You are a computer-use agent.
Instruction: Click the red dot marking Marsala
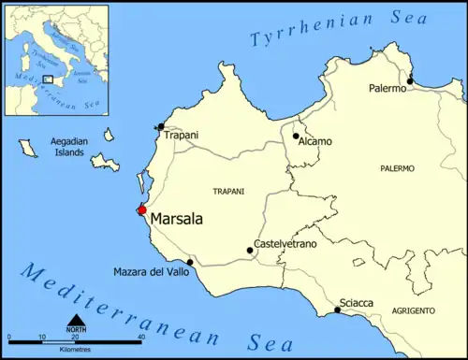142,209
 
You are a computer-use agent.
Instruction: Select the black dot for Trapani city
161,126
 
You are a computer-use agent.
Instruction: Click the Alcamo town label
314,141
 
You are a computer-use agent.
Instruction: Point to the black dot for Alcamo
296,136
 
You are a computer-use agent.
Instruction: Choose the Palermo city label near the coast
388,88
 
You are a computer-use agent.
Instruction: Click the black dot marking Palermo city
410,81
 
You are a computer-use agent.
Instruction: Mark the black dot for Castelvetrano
250,250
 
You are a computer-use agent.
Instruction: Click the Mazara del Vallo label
151,271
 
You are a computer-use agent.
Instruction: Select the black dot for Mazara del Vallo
190,262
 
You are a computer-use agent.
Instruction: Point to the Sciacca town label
358,303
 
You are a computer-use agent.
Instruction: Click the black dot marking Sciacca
337,310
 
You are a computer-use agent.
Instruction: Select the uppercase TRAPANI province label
228,191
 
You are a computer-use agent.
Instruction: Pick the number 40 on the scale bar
140,337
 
